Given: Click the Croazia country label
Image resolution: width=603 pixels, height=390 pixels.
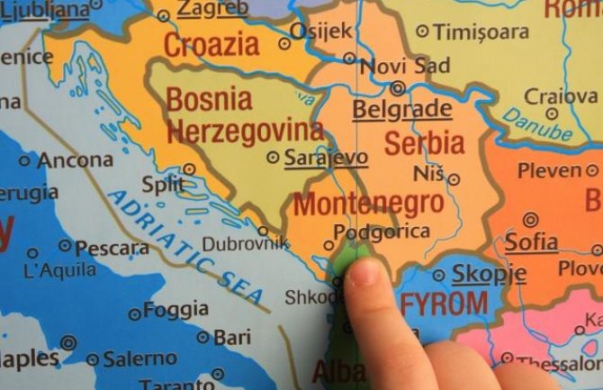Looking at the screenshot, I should click(x=211, y=44).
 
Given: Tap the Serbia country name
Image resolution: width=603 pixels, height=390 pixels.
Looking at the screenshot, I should click(x=425, y=141).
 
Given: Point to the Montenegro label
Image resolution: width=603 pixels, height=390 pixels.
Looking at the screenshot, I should click(x=368, y=203).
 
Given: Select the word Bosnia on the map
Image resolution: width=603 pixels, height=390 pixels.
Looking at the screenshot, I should click(x=210, y=98).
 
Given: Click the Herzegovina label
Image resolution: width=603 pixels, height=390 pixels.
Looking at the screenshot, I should click(x=245, y=132).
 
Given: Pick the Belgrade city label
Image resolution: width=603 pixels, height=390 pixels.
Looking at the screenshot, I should click(x=401, y=110).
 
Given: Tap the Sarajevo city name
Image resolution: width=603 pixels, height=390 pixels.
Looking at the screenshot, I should click(x=326, y=158).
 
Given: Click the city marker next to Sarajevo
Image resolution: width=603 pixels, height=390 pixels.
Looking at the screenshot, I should click(x=273, y=158).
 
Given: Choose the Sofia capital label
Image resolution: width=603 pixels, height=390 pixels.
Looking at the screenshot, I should click(x=530, y=241).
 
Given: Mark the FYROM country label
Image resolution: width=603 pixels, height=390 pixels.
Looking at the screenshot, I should click(x=444, y=303).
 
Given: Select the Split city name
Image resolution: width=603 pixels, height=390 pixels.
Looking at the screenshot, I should click(x=162, y=184).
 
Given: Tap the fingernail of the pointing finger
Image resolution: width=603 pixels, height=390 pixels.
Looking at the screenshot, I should click(x=364, y=272).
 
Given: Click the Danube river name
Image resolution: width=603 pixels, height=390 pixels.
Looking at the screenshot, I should click(x=537, y=124).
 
